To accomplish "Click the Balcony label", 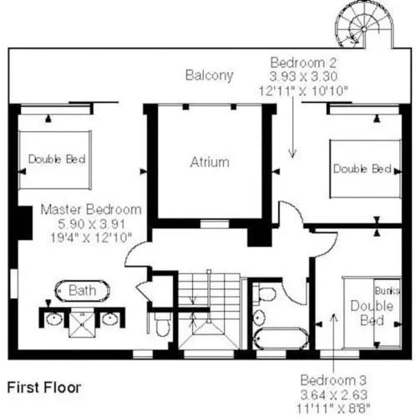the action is [x=209, y=75].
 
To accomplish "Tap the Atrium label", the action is [x=210, y=162].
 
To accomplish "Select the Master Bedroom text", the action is [x=91, y=210].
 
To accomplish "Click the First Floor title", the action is [x=44, y=388].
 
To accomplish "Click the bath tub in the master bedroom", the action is [x=83, y=291].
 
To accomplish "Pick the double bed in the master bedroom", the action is [x=55, y=160].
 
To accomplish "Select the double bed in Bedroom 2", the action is [x=365, y=169].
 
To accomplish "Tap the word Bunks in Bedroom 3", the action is [x=388, y=291].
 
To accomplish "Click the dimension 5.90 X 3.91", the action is [x=91, y=224].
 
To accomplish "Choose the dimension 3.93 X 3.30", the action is [x=303, y=76].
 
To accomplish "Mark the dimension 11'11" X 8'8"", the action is [x=333, y=409].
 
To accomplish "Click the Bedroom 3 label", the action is [x=333, y=380].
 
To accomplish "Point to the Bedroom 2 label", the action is [x=303, y=63].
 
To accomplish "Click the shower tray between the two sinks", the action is [x=82, y=324].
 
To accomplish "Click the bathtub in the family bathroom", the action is [x=282, y=339].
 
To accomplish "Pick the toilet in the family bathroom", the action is [x=266, y=293].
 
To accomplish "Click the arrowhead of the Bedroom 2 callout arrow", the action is [x=292, y=154].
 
